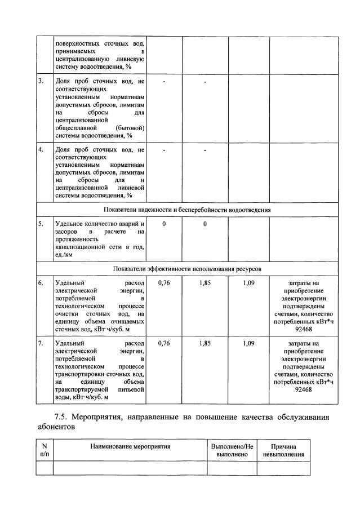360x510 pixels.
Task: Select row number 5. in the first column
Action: (x=41, y=224)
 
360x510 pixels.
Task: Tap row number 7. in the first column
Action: (x=41, y=343)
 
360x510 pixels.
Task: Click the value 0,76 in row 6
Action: (x=164, y=283)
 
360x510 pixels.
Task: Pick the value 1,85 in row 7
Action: (x=205, y=343)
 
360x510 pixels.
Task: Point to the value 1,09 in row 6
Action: (x=248, y=283)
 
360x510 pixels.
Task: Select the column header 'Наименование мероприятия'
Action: (x=130, y=446)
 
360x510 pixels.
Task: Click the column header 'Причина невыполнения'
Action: (x=283, y=450)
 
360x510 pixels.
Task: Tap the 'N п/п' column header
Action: (x=45, y=450)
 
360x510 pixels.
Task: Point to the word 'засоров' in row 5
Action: (x=66, y=232)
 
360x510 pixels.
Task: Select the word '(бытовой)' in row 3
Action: (x=131, y=127)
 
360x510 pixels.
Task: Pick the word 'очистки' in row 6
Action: (x=66, y=314)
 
